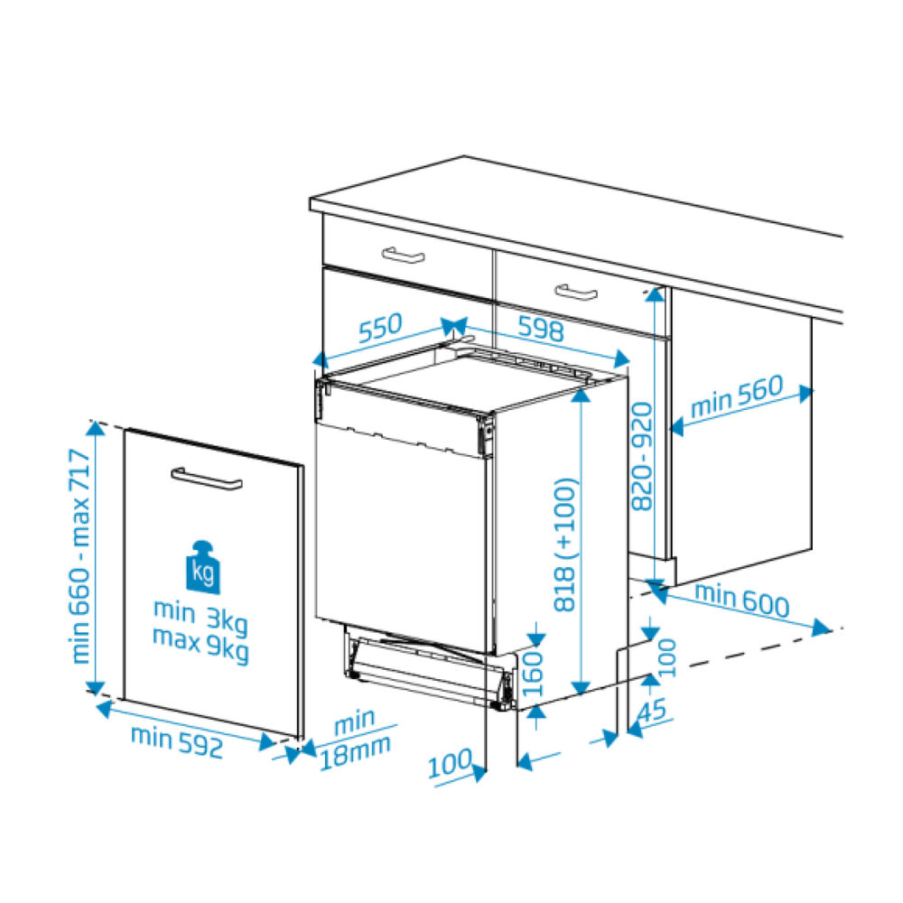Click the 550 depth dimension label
click(x=381, y=328)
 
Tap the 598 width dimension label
click(x=541, y=329)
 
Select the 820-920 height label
click(x=642, y=456)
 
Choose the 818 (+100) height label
click(x=564, y=544)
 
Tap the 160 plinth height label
click(x=533, y=674)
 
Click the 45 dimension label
click(x=652, y=710)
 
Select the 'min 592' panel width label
click(x=177, y=741)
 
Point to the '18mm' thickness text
click(x=355, y=753)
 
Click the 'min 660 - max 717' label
click(x=80, y=556)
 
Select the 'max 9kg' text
click(x=200, y=644)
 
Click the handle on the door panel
click(x=207, y=479)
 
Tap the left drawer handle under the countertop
click(x=403, y=255)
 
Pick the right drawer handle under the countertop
click(x=576, y=292)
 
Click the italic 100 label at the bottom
click(x=450, y=763)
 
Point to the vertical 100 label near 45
click(x=667, y=657)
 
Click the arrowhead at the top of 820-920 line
click(x=655, y=293)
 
